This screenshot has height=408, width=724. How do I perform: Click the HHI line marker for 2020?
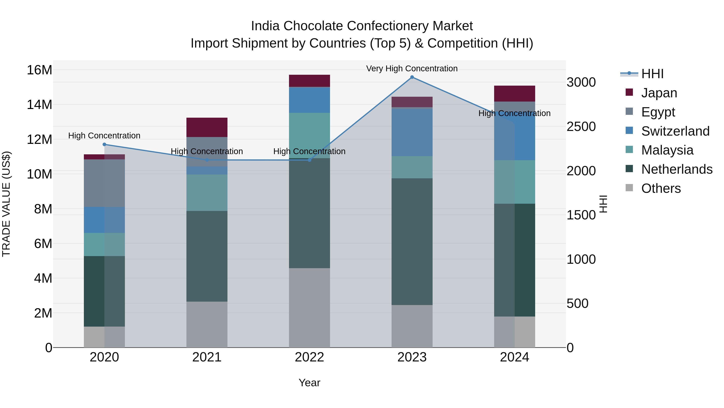(x=104, y=144)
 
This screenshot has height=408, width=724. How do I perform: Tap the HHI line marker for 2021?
(x=207, y=160)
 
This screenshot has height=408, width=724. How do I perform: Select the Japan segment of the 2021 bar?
(x=207, y=127)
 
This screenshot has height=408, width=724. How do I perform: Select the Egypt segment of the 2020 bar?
(x=104, y=183)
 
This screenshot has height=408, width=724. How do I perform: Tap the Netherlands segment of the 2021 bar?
(x=207, y=256)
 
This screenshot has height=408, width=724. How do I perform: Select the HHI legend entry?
(x=652, y=74)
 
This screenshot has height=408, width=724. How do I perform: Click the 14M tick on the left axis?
(x=39, y=105)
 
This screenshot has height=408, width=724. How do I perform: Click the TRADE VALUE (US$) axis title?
(x=6, y=204)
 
